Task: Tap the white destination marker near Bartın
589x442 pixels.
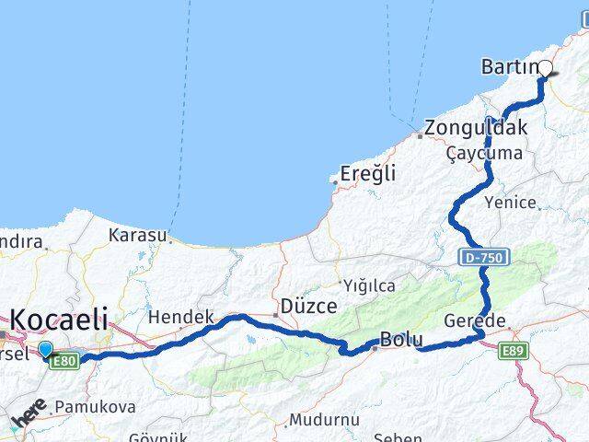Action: click(545, 67)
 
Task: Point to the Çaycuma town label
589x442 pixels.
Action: click(483, 154)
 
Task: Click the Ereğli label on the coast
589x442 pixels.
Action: click(367, 173)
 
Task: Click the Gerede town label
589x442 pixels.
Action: click(475, 320)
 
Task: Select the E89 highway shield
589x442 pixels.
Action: click(512, 351)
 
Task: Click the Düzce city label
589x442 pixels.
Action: click(308, 306)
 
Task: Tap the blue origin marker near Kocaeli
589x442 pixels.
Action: click(46, 348)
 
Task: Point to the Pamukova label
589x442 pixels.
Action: click(95, 406)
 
